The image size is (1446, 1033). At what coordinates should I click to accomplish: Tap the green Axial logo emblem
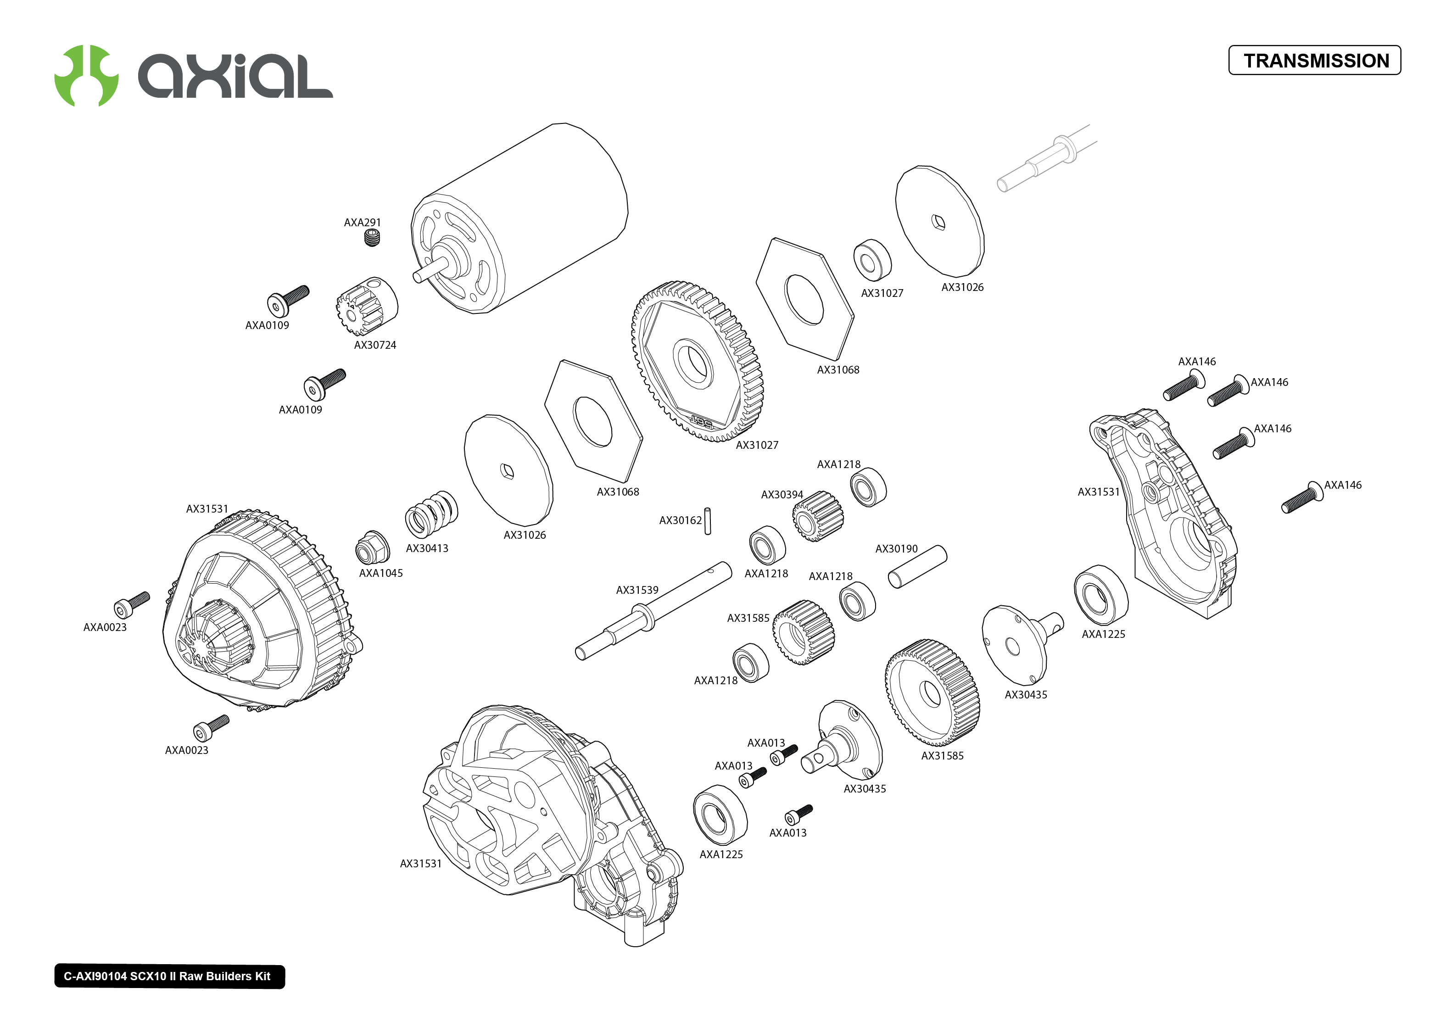[86, 76]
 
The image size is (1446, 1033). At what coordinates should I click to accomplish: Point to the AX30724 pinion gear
[366, 306]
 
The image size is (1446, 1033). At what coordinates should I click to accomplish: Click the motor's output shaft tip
[418, 277]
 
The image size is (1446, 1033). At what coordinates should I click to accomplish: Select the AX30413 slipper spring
[431, 514]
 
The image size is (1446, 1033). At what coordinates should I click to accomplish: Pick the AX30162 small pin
[707, 521]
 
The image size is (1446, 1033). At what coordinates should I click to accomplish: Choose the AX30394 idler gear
[817, 516]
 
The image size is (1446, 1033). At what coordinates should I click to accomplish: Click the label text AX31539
[636, 590]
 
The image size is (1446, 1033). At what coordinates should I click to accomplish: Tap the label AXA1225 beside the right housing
[1103, 634]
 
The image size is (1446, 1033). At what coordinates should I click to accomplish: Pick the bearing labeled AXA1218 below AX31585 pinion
[750, 663]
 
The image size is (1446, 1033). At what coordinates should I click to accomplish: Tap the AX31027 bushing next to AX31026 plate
[872, 260]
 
